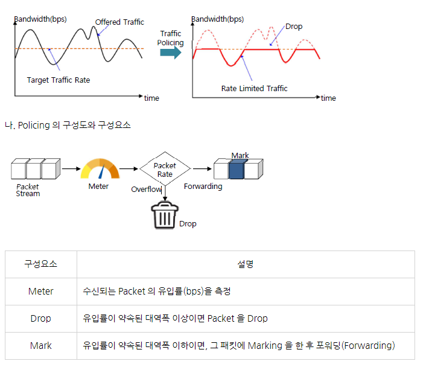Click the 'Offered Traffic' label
click(x=119, y=22)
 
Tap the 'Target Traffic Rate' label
click(x=59, y=80)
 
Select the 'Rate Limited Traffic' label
click(x=254, y=88)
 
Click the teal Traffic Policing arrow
click(x=171, y=53)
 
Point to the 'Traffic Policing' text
click(x=170, y=38)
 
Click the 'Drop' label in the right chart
click(x=294, y=27)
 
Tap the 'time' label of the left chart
click(x=151, y=98)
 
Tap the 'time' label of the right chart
click(x=328, y=98)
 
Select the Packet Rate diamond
click(x=165, y=170)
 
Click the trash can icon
click(x=164, y=216)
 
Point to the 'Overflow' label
click(x=146, y=190)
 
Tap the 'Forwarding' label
click(x=203, y=187)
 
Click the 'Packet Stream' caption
click(x=28, y=190)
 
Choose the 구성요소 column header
click(x=41, y=264)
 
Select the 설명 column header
click(x=246, y=264)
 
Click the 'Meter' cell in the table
click(x=41, y=292)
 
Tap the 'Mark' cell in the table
click(x=41, y=346)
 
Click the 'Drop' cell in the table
click(x=41, y=319)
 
